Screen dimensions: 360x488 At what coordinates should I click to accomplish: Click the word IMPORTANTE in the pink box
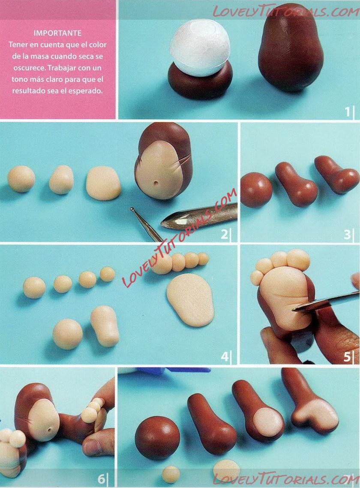click(x=57, y=33)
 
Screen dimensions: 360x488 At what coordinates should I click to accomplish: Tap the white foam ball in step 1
click(x=200, y=48)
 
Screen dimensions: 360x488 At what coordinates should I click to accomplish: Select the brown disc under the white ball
click(x=200, y=81)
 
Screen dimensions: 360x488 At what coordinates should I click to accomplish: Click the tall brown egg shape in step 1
click(x=291, y=48)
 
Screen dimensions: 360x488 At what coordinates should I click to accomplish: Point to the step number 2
click(x=224, y=234)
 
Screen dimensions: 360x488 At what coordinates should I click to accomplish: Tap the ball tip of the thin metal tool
click(x=132, y=209)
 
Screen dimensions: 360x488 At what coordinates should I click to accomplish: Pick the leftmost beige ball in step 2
click(x=21, y=179)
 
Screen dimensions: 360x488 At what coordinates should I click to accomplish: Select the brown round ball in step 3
click(x=256, y=190)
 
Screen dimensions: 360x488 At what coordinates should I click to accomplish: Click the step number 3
click(x=347, y=234)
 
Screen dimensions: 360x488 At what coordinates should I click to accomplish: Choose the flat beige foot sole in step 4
click(x=190, y=300)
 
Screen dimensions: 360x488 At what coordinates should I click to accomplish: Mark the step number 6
click(x=102, y=479)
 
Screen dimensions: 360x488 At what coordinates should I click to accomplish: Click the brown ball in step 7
click(x=157, y=438)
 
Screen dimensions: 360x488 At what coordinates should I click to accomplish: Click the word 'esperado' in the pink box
click(x=86, y=91)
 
